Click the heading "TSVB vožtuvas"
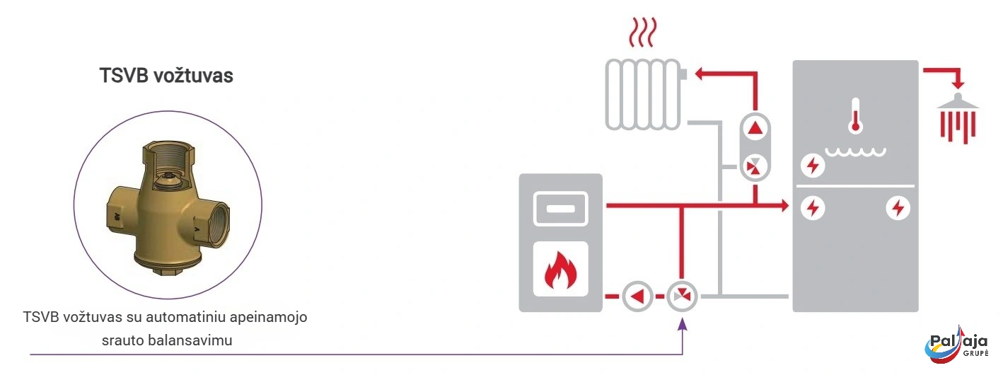point(166,76)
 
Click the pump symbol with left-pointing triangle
point(638,296)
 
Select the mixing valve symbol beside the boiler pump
point(682,296)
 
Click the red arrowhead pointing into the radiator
point(698,73)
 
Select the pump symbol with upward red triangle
point(756,129)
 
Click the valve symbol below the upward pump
point(756,167)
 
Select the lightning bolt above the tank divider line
point(813,166)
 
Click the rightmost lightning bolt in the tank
point(898,208)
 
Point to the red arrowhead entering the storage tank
point(783,206)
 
